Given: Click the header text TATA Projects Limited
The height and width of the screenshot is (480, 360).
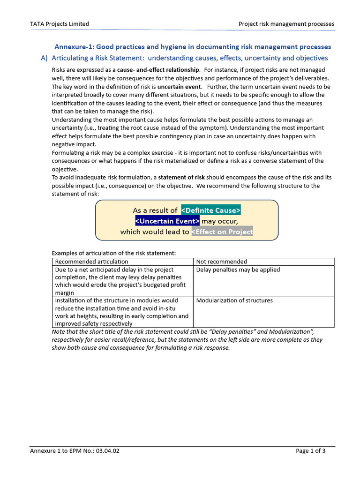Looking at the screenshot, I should (x=60, y=24).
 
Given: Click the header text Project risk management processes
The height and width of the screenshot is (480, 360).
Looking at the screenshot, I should (x=286, y=24).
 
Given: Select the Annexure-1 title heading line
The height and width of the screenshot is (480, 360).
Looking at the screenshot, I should (x=193, y=47).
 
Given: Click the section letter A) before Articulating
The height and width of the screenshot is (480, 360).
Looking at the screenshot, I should (x=45, y=58).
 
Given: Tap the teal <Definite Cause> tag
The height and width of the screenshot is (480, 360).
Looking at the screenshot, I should (x=211, y=210).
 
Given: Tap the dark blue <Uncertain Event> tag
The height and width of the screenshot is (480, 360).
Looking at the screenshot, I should (x=167, y=221).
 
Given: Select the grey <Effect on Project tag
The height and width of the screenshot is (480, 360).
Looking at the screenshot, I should (x=222, y=232).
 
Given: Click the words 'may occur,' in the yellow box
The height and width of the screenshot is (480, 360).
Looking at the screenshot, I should (x=220, y=221).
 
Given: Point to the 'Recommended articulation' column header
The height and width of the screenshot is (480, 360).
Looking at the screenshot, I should (x=91, y=262).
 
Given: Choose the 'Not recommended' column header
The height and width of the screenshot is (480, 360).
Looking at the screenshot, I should (x=222, y=262).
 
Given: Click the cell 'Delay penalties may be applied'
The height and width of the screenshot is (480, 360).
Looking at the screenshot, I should (x=238, y=270).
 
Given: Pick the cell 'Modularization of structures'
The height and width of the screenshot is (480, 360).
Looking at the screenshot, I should (x=234, y=300).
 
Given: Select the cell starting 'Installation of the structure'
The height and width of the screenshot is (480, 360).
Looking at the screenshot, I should (x=122, y=312).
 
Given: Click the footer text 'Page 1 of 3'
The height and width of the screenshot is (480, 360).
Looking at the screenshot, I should (x=311, y=451).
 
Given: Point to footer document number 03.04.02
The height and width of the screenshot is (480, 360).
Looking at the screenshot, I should (x=107, y=451).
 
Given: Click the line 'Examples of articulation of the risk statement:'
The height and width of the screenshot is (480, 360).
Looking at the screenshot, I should (x=113, y=253).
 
